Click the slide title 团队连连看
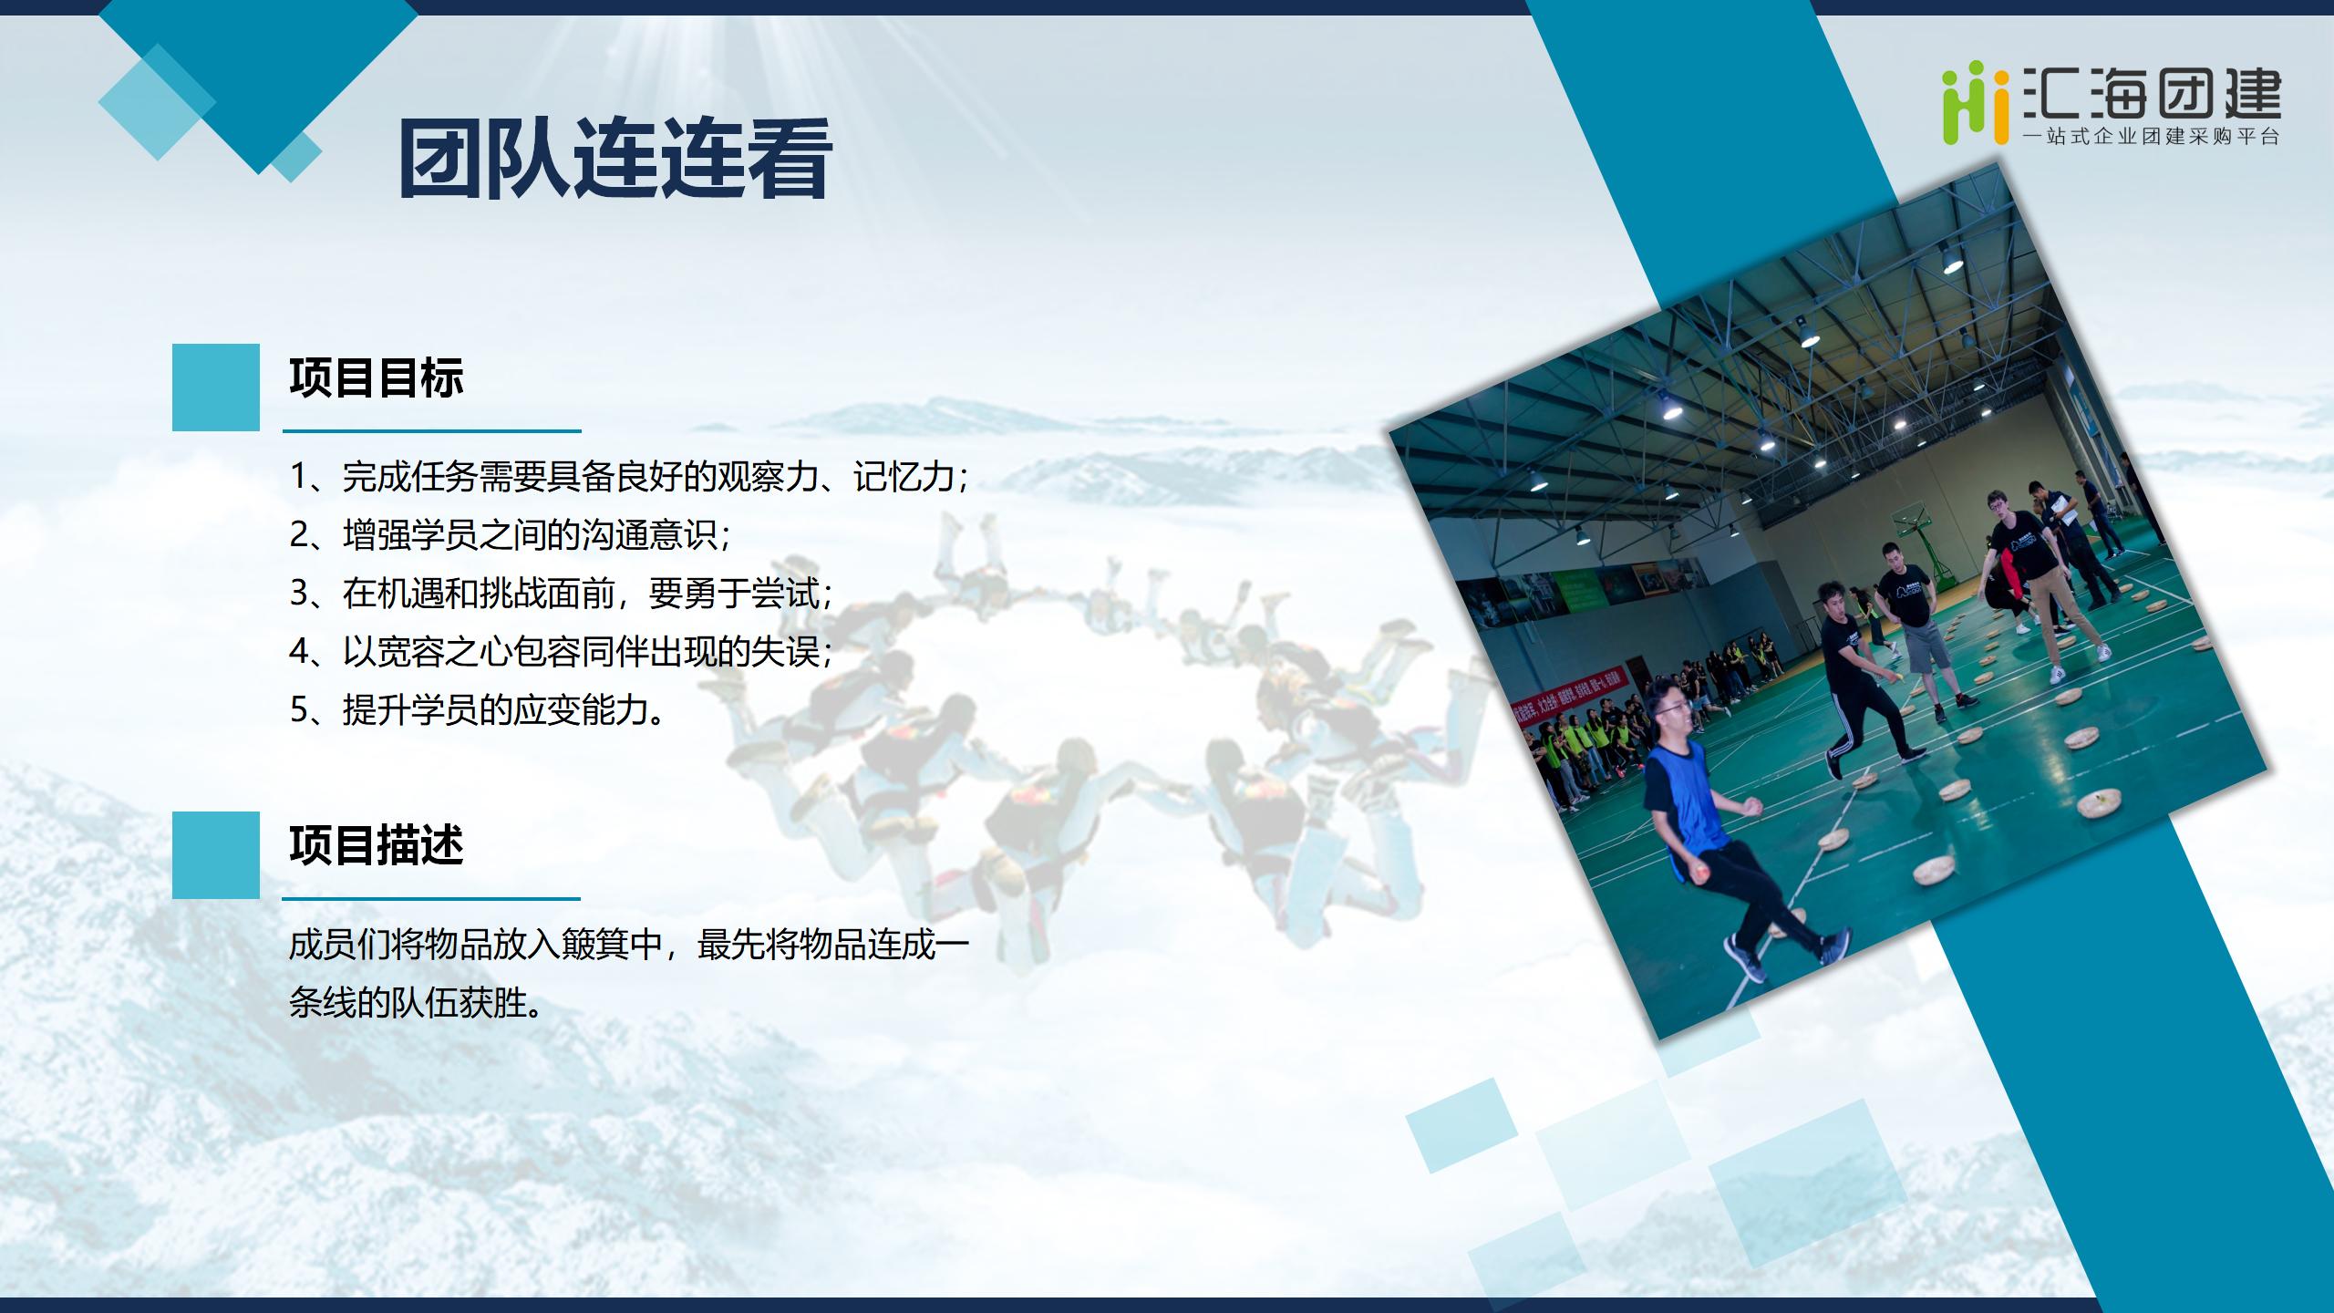(x=615, y=160)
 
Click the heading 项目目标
(x=377, y=377)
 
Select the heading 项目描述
(x=377, y=845)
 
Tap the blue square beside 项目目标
(x=216, y=387)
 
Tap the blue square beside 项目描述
(x=216, y=855)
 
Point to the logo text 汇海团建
(x=2152, y=93)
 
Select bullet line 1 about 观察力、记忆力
(x=629, y=477)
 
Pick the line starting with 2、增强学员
(x=511, y=535)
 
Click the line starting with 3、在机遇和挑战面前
(x=562, y=594)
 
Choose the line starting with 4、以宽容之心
(x=562, y=652)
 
